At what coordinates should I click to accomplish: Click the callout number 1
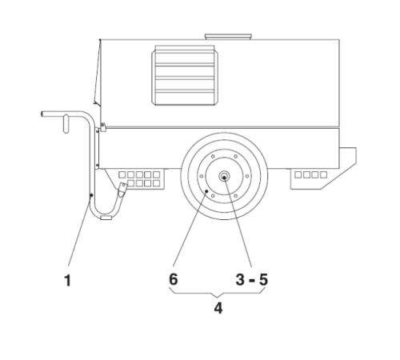coord(68,281)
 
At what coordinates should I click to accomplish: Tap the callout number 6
coord(174,279)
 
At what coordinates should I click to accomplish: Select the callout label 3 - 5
coord(252,280)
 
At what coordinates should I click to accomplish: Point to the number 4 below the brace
coord(218,308)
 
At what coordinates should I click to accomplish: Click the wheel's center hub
coord(224,176)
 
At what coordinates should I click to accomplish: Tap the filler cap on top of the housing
coord(228,37)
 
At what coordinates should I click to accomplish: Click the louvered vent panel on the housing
coord(185,75)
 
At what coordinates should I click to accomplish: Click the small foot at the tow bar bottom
coord(106,218)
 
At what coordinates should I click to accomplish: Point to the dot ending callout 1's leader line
coord(91,195)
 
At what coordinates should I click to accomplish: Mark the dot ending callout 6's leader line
coord(206,191)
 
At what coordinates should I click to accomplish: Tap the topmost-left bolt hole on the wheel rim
coord(213,157)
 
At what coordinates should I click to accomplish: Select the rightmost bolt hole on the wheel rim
coord(247,176)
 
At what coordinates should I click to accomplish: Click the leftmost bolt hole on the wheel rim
coord(202,176)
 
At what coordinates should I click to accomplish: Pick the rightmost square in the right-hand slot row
coord(324,174)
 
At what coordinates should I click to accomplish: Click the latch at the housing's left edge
coord(103,127)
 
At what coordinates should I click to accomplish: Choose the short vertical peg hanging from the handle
coord(66,123)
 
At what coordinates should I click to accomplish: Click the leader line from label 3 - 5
coord(238,222)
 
